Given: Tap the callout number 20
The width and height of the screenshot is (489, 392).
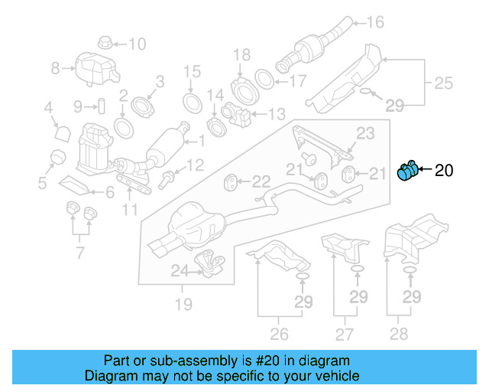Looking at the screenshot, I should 444,171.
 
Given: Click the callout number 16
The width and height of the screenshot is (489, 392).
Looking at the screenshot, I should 375,21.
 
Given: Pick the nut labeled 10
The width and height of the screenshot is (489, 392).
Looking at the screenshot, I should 105,42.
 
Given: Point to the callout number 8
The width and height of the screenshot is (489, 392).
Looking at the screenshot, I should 55,69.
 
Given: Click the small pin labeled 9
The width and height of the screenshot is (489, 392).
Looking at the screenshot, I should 99,105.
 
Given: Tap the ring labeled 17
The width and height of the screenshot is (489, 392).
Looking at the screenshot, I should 262,79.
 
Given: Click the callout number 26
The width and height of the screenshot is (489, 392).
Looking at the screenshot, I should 280,334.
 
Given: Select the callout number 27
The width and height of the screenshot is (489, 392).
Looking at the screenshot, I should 345,334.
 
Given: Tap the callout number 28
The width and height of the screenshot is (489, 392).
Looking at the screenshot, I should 398,334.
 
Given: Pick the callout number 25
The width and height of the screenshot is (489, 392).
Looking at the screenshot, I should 444,81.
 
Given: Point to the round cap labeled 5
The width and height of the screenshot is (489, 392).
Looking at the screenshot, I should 54,158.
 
